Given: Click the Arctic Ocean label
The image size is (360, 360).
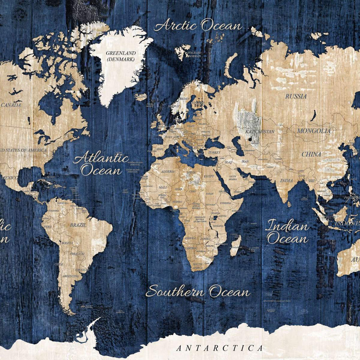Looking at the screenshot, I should pos(198,26).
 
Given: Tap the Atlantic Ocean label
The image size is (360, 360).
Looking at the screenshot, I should pos(101,164).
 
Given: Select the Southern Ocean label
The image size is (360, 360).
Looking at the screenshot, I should pos(198,292).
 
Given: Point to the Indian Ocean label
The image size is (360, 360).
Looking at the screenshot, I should pos(287,232).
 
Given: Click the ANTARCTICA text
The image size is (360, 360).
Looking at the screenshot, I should pos(219,348).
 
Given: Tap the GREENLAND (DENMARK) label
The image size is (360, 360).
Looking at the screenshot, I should pos(121,56).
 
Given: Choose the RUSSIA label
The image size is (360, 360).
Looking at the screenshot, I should pos(296,96).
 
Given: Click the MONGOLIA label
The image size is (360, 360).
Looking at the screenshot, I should pos(314,131).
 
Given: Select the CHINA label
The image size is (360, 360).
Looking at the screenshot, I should pos(311,154).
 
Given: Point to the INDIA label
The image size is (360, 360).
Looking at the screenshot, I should pos(286,180).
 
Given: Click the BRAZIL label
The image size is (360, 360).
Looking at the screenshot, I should pos(78,225).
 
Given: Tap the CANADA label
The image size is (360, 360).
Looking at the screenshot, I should pos(11,105).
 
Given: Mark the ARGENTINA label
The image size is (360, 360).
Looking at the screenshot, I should pos(71,276).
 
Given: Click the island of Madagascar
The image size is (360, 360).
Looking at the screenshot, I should pos(236,245).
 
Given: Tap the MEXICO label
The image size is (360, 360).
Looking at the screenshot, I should pos(10,178).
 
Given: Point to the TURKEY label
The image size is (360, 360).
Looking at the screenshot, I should pos(214,153).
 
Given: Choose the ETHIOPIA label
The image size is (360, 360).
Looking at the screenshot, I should pos(225,203).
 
